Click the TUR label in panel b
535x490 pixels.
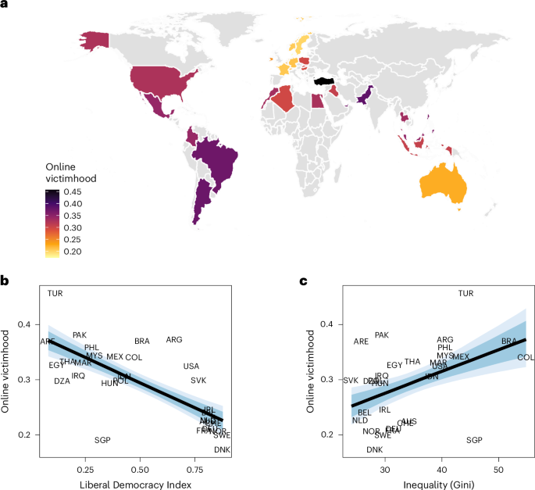point(55,294)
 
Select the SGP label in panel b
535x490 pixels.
point(102,440)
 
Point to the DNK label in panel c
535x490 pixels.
point(375,450)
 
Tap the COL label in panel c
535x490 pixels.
point(526,357)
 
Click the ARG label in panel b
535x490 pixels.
point(174,340)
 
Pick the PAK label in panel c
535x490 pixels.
point(381,335)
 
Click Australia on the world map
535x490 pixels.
point(443,184)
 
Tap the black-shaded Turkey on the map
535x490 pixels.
point(324,80)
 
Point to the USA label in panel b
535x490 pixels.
point(191,366)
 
